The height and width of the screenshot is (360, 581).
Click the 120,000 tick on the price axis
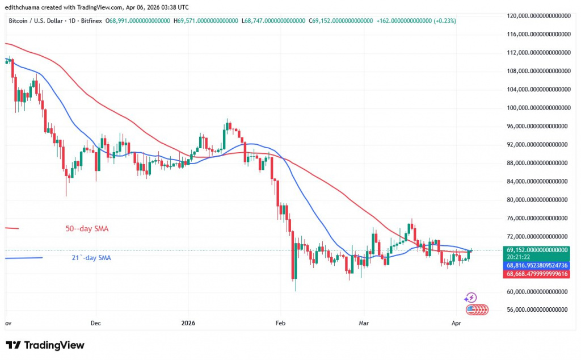pyautogui.click(x=535, y=16)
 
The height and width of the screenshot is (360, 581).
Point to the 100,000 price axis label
pyautogui.click(x=535, y=108)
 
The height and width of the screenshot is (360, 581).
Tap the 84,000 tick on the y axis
pyautogui.click(x=535, y=182)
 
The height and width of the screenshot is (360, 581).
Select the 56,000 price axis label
pyautogui.click(x=535, y=311)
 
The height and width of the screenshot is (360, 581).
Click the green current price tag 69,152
pyautogui.click(x=536, y=250)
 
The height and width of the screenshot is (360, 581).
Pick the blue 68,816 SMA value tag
pyautogui.click(x=536, y=265)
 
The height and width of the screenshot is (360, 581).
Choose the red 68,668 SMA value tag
pyautogui.click(x=536, y=274)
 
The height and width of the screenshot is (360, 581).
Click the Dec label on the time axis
pyautogui.click(x=95, y=323)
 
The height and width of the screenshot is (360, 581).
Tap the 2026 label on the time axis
pyautogui.click(x=188, y=323)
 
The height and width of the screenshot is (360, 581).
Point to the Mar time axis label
pyautogui.click(x=364, y=323)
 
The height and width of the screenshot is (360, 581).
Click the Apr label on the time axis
pyautogui.click(x=456, y=323)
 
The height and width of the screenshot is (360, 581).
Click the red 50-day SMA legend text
pyautogui.click(x=87, y=229)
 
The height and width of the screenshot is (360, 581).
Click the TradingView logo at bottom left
pyautogui.click(x=45, y=345)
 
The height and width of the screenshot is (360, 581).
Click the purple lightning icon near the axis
pyautogui.click(x=470, y=298)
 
